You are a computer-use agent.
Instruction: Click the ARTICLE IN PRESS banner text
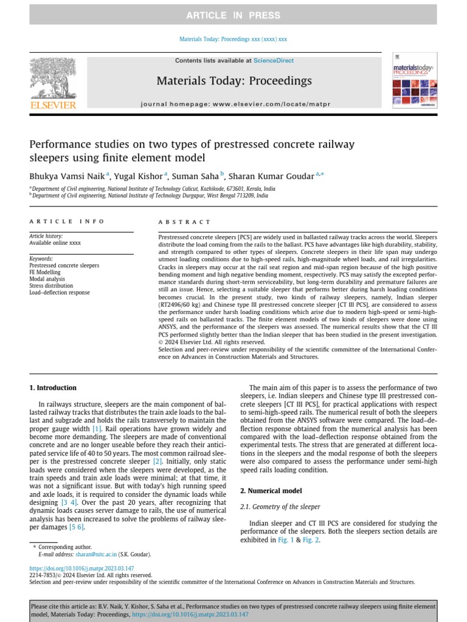[x=233, y=15]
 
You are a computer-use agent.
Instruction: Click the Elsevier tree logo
[x=53, y=79]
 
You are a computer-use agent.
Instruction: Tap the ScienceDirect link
[x=273, y=61]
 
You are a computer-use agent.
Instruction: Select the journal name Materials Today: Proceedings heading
[x=234, y=81]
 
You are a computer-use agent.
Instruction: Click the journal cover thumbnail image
[x=414, y=84]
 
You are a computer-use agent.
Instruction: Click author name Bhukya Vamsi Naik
[x=67, y=176]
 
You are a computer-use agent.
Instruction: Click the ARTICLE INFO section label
[x=67, y=222]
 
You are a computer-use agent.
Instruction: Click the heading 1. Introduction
[x=53, y=388]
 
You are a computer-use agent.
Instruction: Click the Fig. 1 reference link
[x=285, y=540]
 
